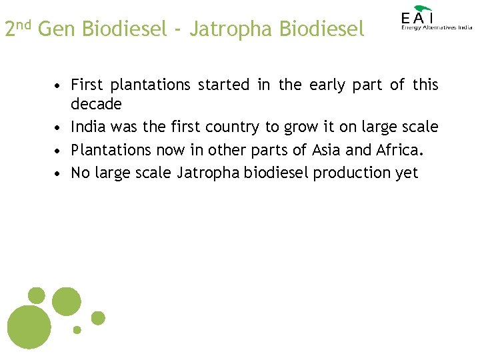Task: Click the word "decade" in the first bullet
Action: tap(96, 104)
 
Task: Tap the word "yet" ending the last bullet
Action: tap(406, 173)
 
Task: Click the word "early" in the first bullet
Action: tap(329, 85)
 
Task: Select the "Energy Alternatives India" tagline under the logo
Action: tap(437, 27)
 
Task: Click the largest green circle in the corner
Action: tap(29, 327)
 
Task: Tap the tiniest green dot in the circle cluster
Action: tap(77, 329)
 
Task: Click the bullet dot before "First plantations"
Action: tap(59, 86)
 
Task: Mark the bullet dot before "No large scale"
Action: tap(59, 174)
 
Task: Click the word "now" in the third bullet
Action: tap(170, 150)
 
